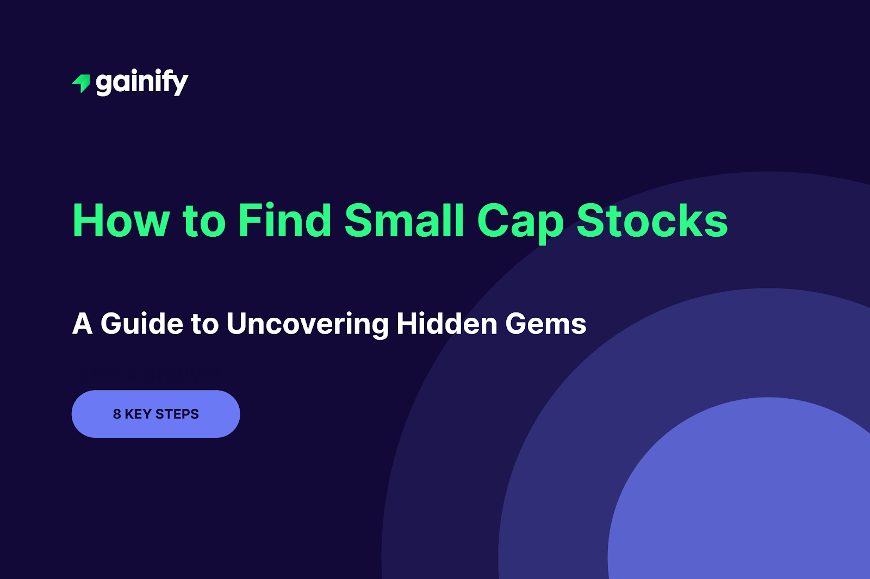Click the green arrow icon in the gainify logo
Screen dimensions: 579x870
(x=82, y=83)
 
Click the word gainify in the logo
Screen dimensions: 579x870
(x=142, y=83)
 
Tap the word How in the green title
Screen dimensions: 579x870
(x=121, y=221)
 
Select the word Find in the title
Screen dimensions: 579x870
(x=284, y=221)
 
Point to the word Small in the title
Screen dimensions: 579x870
(x=405, y=221)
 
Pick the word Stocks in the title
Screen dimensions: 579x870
(x=652, y=221)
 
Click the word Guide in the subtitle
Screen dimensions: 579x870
(x=142, y=324)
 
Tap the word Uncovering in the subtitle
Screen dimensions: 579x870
(x=308, y=324)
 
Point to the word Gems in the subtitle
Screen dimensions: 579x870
(x=546, y=324)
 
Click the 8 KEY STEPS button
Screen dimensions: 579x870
(x=156, y=414)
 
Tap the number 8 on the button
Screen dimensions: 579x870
(x=117, y=414)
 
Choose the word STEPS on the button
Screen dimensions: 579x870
(x=177, y=414)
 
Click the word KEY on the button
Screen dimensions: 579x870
(x=138, y=414)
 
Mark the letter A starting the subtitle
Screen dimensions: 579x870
(x=82, y=324)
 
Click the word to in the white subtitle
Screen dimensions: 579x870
(x=204, y=324)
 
